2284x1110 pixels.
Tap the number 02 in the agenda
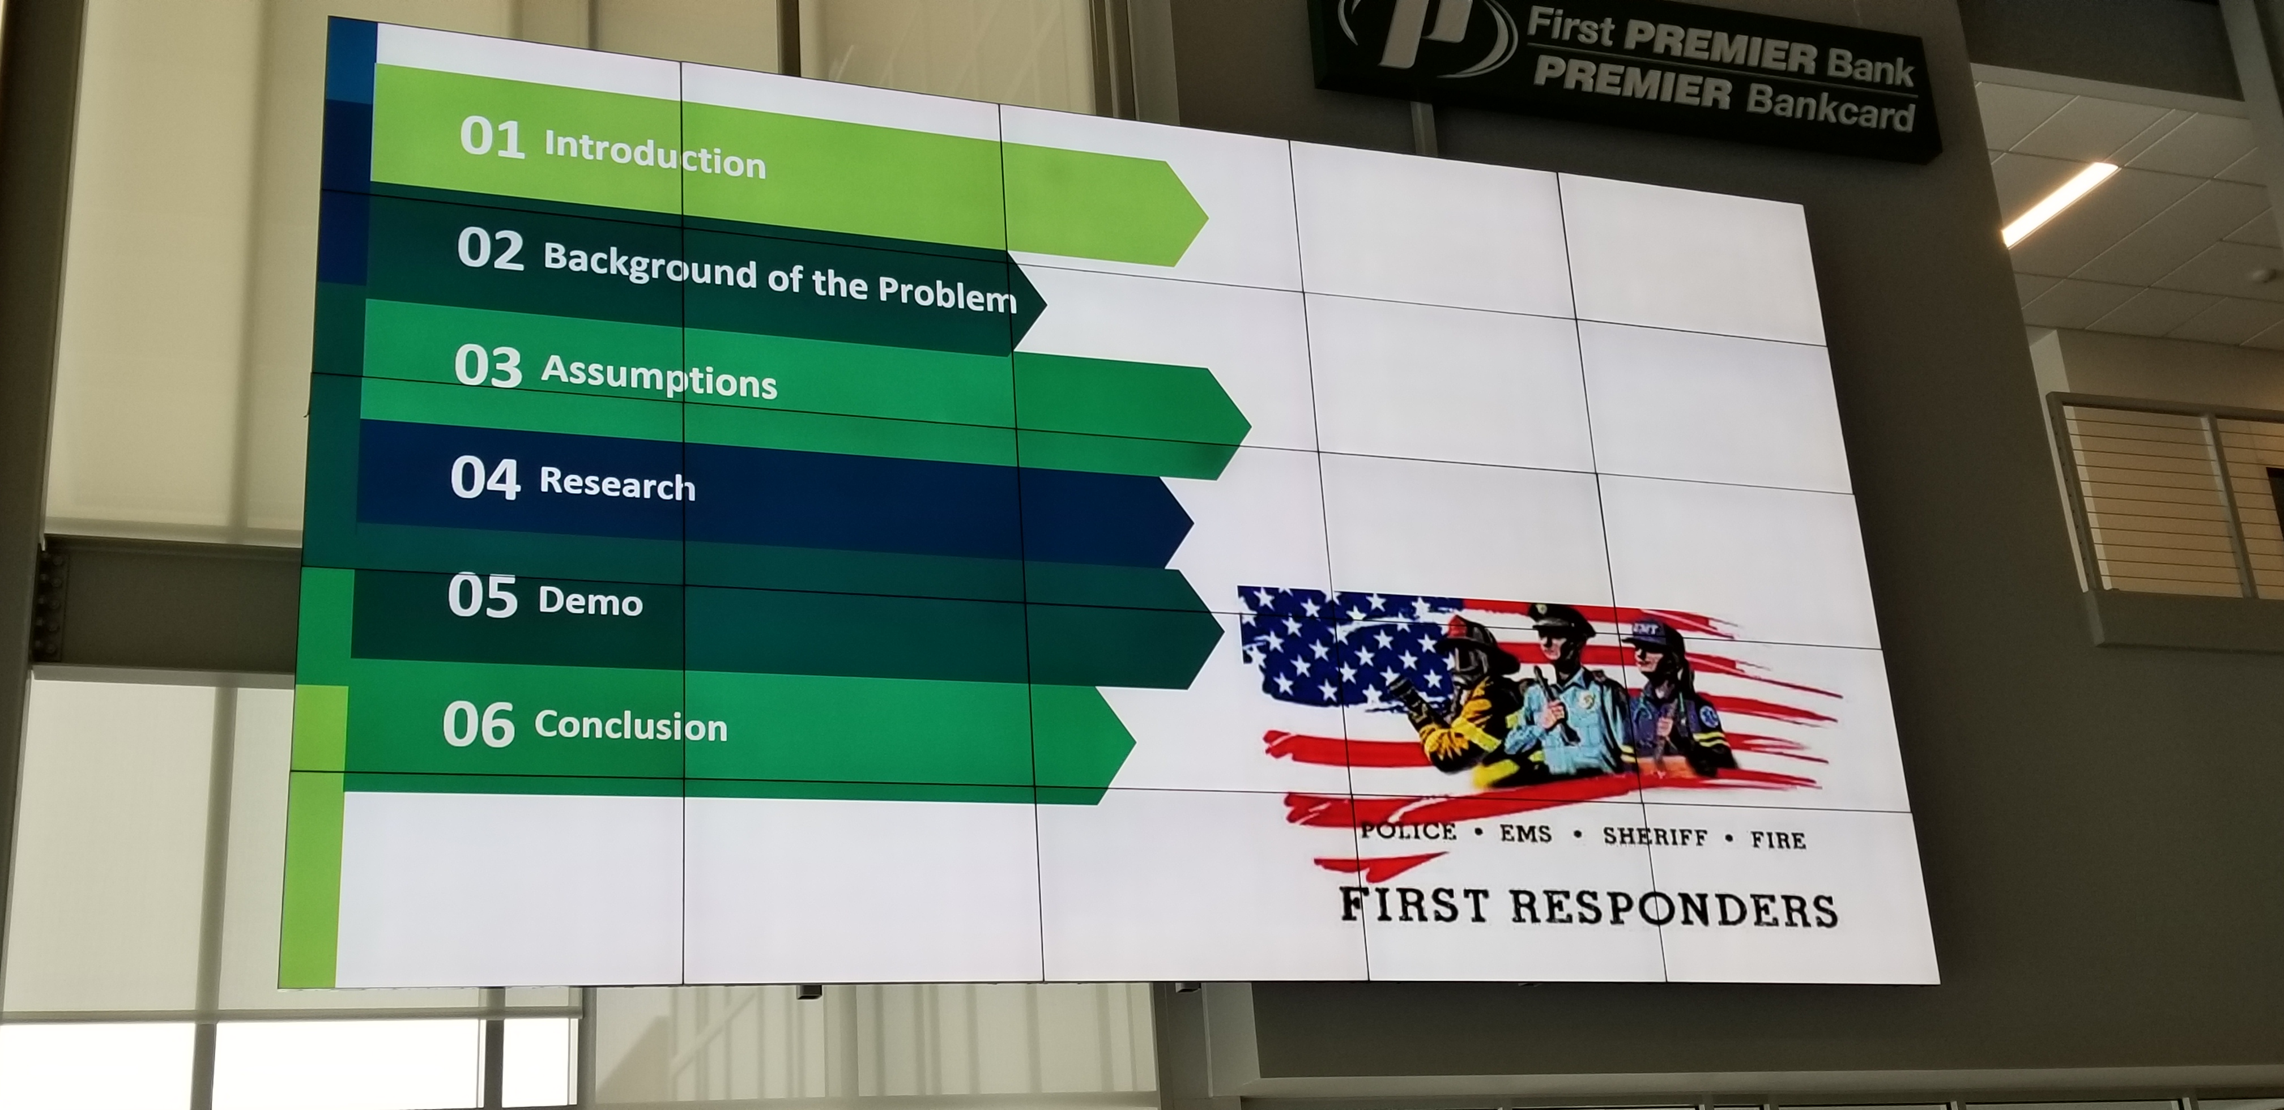tap(491, 249)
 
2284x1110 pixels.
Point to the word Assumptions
tap(659, 377)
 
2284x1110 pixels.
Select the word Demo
tap(590, 601)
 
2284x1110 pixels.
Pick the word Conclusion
tap(630, 725)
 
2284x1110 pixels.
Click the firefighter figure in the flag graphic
tap(1454, 701)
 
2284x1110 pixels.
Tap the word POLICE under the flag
tap(1408, 831)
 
